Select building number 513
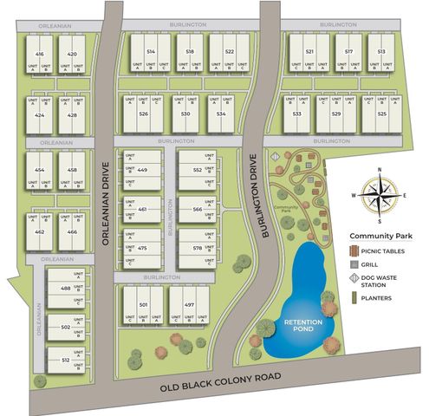click(x=381, y=52)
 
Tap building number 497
click(x=189, y=305)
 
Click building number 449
click(x=142, y=170)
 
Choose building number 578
click(x=198, y=248)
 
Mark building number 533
click(x=297, y=114)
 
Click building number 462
click(x=39, y=232)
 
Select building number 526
click(x=144, y=114)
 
